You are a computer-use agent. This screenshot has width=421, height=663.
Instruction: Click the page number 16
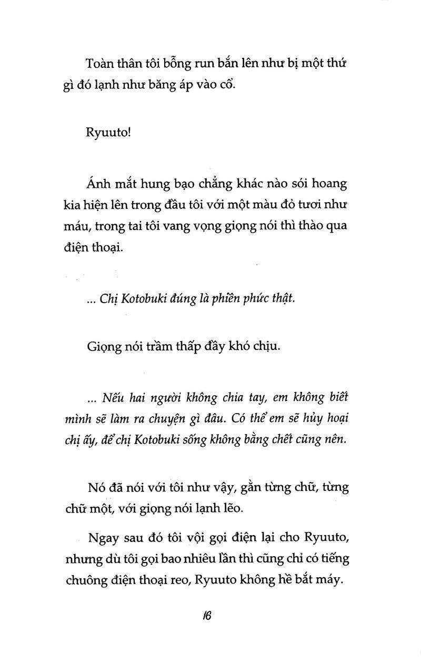206,616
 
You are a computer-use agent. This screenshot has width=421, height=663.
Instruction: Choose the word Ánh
97,184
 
